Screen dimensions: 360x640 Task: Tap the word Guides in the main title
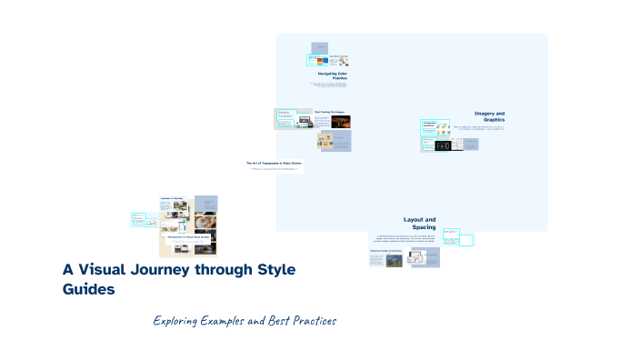coord(88,290)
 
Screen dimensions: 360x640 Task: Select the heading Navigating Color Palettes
coord(332,75)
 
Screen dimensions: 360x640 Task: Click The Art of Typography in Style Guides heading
coord(273,163)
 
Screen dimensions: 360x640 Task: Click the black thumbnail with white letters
coord(444,145)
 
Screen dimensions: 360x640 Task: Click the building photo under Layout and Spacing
coord(395,260)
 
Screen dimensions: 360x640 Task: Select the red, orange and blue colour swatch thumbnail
coord(320,61)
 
